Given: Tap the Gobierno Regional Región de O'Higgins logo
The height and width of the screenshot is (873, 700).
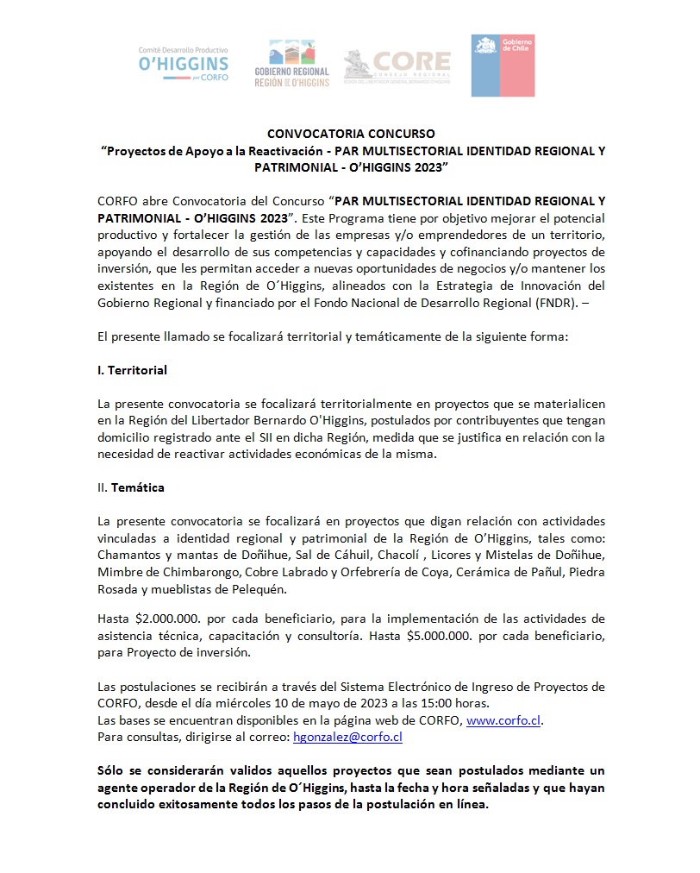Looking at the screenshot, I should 292,64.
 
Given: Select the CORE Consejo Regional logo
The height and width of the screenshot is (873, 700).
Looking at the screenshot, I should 397,66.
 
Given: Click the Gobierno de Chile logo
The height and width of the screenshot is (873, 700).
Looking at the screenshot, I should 503,65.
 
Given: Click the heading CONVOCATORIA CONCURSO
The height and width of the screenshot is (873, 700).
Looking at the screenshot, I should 351,134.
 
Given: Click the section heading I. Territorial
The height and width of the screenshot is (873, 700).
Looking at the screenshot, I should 132,370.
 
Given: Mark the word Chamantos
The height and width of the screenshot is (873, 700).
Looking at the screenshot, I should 129,554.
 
